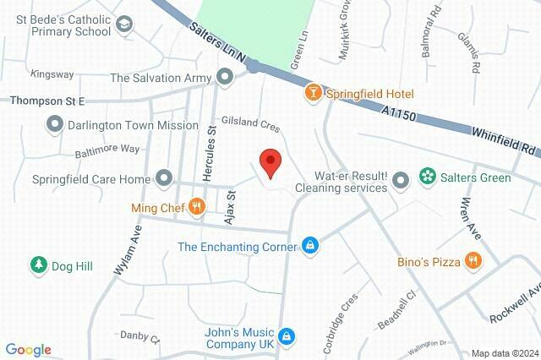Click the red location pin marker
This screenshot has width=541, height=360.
pos(270,162)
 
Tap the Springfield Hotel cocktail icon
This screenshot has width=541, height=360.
pos(313,93)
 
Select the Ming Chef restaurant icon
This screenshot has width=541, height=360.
pos(196,205)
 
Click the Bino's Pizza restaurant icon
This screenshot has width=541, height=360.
pos(473,261)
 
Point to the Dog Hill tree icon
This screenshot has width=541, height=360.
pos(38,265)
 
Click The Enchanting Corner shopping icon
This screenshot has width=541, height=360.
pos(311,246)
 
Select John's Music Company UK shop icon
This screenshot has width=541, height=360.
pos(287,335)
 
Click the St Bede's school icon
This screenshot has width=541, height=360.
pos(125,24)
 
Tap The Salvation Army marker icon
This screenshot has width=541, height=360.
pos(225,78)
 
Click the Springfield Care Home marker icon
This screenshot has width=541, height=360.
pos(164,178)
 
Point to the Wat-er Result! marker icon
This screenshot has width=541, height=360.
pos(402,178)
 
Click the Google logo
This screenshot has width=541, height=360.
pos(28,350)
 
